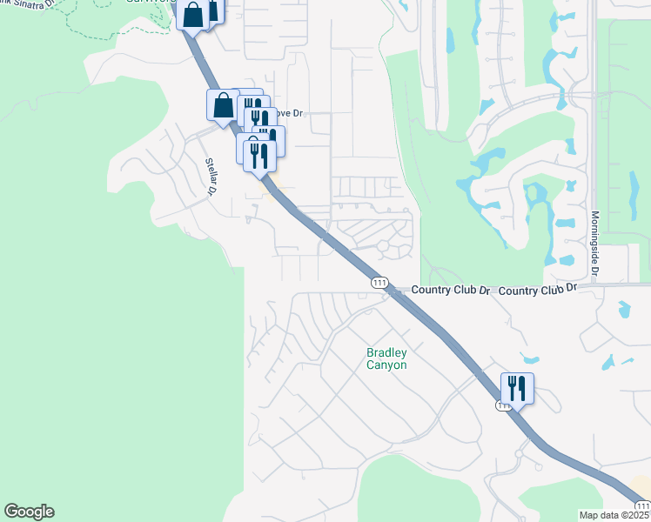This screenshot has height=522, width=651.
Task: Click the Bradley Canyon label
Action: pyautogui.click(x=386, y=358)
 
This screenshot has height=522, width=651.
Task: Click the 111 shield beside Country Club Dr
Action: pyautogui.click(x=379, y=283)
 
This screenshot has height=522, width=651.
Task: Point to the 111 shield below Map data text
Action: pyautogui.click(x=641, y=506)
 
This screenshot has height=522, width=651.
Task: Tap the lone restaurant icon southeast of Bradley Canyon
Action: pyautogui.click(x=517, y=388)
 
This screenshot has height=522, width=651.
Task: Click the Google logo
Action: pyautogui.click(x=29, y=512)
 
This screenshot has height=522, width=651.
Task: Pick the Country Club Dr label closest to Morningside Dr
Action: pyautogui.click(x=539, y=287)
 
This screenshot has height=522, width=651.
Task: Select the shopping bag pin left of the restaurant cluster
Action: pyautogui.click(x=223, y=105)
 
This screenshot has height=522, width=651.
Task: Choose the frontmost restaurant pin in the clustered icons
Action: pyautogui.click(x=259, y=155)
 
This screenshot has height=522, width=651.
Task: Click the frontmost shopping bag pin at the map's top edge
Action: pyautogui.click(x=194, y=14)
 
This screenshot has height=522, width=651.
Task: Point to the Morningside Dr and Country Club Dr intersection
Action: pyautogui.click(x=595, y=284)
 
